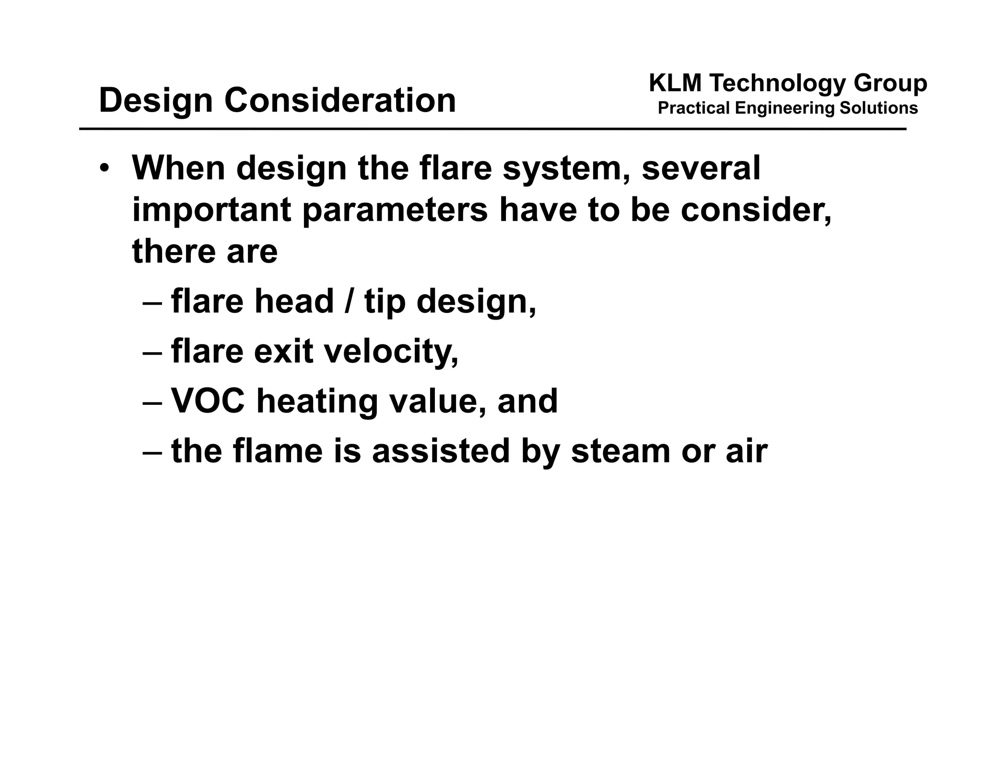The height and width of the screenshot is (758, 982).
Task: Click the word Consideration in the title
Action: pyautogui.click(x=340, y=100)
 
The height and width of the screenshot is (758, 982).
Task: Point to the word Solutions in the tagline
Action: pyautogui.click(x=878, y=108)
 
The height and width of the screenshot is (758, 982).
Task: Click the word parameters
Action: pyautogui.click(x=395, y=211)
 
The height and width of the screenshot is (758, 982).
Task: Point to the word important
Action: pyautogui.click(x=211, y=211)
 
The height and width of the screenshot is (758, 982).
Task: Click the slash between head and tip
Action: pyautogui.click(x=349, y=301)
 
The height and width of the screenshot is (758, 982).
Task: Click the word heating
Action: pyautogui.click(x=317, y=402)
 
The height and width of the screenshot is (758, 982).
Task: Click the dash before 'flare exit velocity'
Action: pyautogui.click(x=153, y=352)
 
